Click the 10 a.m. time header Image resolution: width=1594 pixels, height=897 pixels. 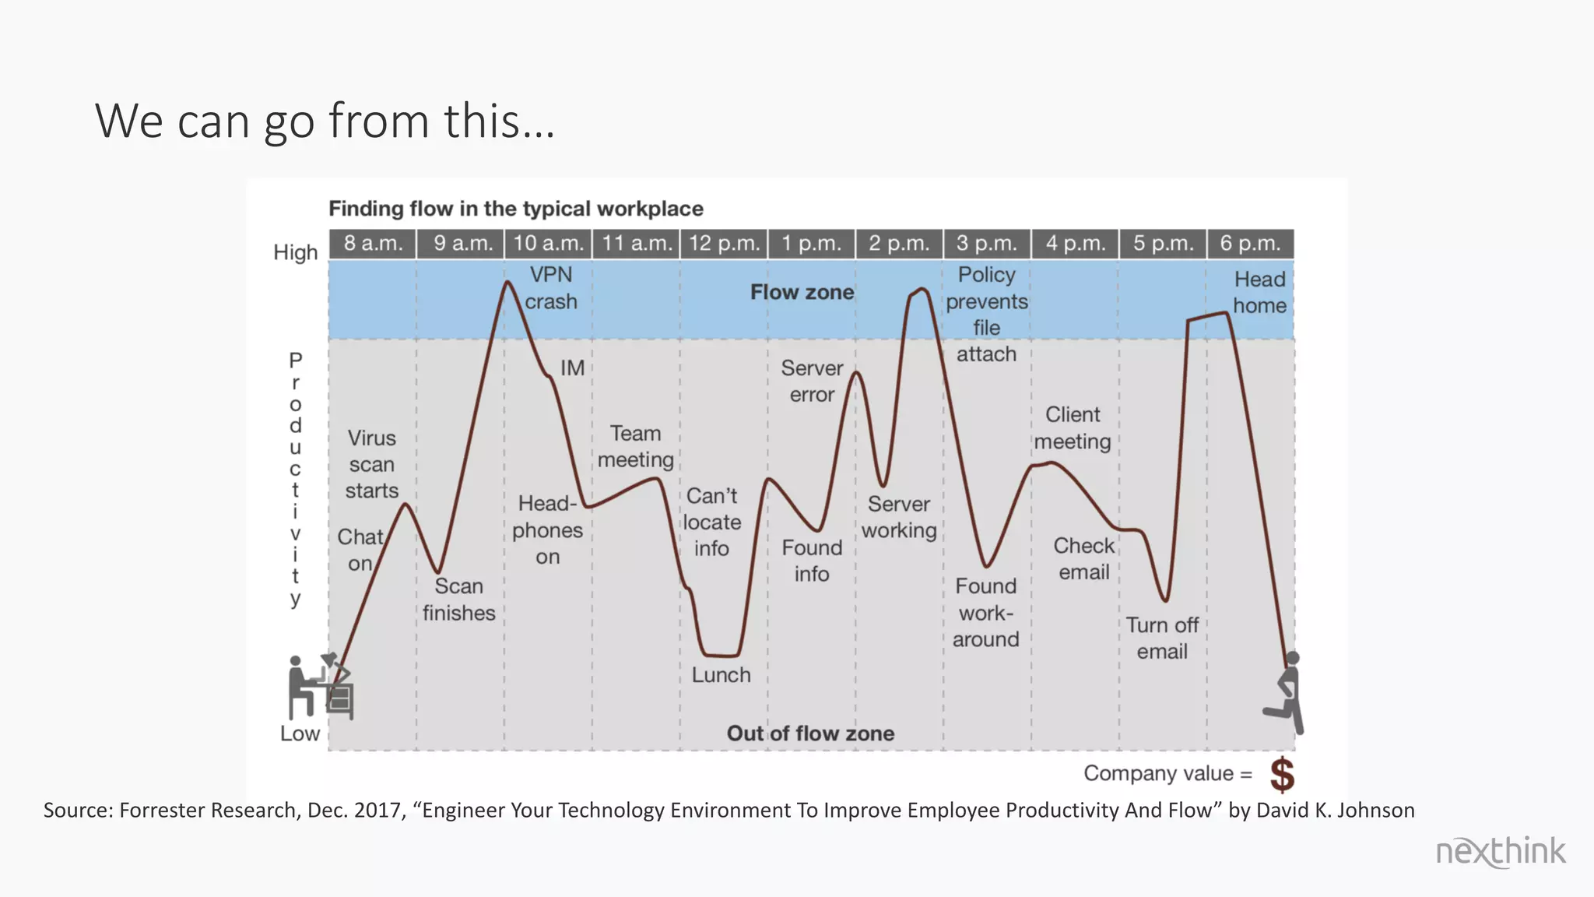coord(548,244)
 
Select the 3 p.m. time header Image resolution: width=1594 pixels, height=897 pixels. coord(986,244)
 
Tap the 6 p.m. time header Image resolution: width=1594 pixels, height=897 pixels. coord(1249,244)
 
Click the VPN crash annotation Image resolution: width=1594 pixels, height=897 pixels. coord(551,288)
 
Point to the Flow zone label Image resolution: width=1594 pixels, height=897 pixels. coord(802,293)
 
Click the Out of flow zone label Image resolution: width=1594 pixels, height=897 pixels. coord(810,733)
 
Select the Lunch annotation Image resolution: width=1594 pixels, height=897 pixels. coord(721,675)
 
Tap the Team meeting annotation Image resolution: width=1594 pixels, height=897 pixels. coord(635,446)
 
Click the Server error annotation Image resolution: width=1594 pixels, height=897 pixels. coord(812,381)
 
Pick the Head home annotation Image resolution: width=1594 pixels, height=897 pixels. coord(1259,292)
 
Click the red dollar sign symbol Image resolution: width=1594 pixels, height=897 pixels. coord(1282,775)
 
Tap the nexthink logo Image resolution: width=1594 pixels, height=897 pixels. coord(1500,851)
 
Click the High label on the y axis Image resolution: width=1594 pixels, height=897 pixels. coord(296,252)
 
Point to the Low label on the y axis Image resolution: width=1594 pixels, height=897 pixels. coord(300,733)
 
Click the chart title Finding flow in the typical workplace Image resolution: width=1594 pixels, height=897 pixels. coord(515,209)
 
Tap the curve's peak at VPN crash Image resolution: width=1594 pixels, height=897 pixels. coord(507,282)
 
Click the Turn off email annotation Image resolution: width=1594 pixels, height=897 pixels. coord(1162,638)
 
